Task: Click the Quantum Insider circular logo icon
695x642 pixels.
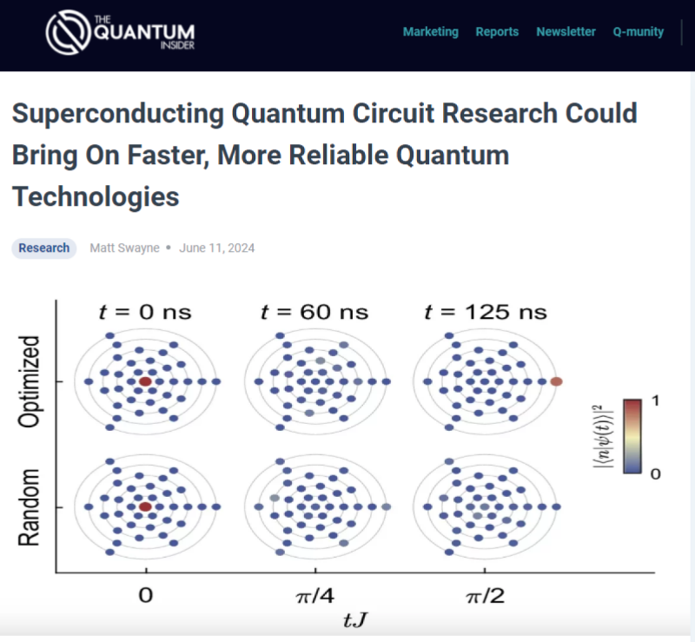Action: pos(69,32)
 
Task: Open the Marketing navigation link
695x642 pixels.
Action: pos(430,32)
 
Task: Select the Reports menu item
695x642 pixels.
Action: pos(497,32)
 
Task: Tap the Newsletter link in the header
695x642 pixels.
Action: pos(566,32)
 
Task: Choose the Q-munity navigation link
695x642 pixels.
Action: pos(639,32)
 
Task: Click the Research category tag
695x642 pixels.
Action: pos(44,248)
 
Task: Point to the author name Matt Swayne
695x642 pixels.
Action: pos(124,248)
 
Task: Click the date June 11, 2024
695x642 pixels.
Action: pos(216,248)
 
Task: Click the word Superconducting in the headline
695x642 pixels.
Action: pos(118,114)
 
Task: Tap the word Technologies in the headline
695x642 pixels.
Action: pos(96,196)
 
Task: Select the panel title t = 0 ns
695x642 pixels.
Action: pos(145,312)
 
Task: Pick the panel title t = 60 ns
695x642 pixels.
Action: pos(314,312)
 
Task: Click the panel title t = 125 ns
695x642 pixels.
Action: pos(486,312)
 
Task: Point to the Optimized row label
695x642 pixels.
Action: pos(29,381)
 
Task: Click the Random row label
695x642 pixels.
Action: pos(29,506)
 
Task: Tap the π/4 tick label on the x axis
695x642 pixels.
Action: pos(315,595)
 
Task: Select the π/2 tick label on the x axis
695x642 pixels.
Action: pos(486,595)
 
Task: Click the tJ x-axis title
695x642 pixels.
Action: pos(355,619)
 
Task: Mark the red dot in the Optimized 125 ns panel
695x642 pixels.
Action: pos(556,381)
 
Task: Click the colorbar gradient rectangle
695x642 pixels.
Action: pos(632,437)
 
